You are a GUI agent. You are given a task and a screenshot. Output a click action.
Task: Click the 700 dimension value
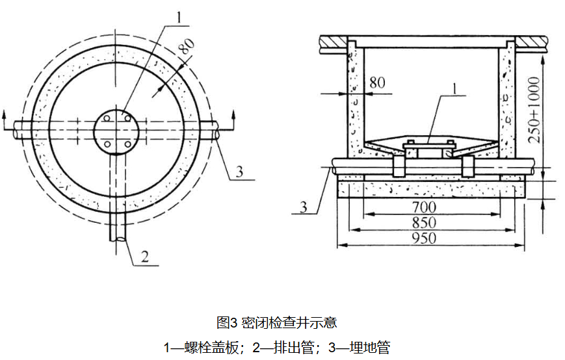(x=423, y=207)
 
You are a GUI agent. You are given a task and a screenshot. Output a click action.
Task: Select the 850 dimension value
(x=423, y=223)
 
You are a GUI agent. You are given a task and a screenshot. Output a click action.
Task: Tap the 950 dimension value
(x=423, y=238)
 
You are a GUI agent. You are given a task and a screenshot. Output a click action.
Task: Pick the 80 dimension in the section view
(x=377, y=83)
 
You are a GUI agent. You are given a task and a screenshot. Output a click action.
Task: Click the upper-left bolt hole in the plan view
(x=105, y=118)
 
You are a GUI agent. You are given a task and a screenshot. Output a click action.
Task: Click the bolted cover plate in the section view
(x=427, y=144)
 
